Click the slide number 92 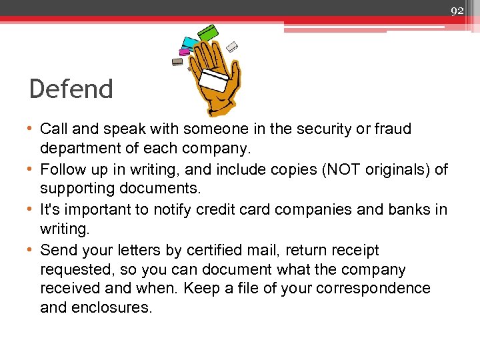click(457, 10)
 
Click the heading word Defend click(71, 89)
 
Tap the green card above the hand click(209, 32)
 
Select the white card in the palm click(215, 81)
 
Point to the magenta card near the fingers click(183, 52)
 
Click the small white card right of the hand click(232, 46)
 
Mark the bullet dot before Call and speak click(33, 129)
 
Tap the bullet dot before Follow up click(33, 169)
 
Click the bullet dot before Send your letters click(33, 250)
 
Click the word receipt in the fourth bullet click(350, 250)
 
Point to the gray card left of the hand click(177, 61)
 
